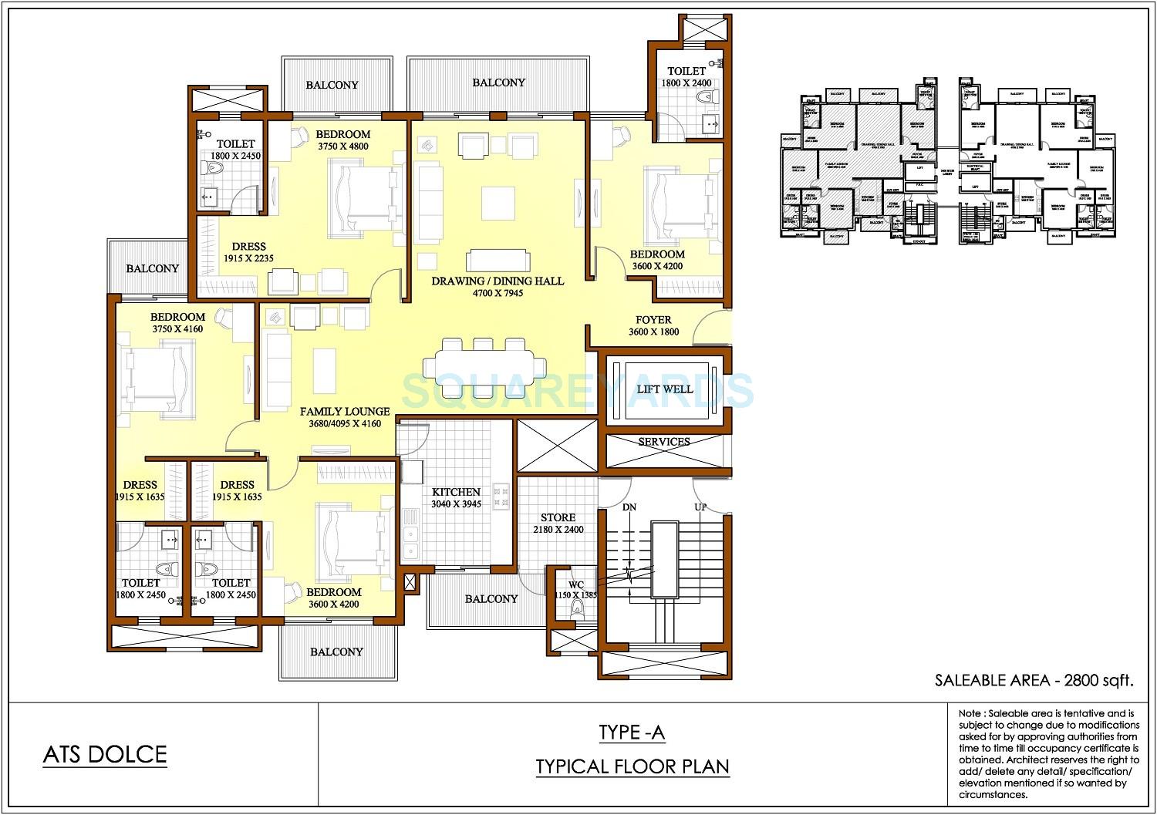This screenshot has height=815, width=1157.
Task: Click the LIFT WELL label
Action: pos(664,389)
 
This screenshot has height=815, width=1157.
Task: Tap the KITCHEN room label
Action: pos(456,492)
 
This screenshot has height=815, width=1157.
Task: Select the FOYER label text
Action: pos(653,320)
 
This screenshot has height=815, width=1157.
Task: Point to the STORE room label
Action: pos(557,517)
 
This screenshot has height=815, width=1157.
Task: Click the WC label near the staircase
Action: pos(576,584)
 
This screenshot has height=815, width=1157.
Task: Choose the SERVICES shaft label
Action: pos(663,442)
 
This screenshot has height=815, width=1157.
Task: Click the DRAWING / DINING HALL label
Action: pos(498,281)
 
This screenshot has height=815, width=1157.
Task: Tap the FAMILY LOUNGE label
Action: pos(344,412)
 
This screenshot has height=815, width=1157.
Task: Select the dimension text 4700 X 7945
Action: pos(498,293)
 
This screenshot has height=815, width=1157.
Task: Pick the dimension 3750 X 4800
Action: pos(342,146)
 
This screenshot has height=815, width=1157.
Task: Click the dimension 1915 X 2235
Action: pos(248,259)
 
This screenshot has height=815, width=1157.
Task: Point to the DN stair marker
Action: pos(629,507)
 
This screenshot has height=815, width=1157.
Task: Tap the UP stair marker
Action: pos(701,507)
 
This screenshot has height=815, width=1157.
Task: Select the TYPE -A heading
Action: pos(632,732)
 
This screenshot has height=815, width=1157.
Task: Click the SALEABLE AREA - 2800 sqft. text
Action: pos(1034,680)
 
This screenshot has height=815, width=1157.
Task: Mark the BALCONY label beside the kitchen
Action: pos(491,599)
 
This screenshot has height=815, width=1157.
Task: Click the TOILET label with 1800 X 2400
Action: pos(686,71)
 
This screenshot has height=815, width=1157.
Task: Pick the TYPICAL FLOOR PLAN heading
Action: pos(632,766)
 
